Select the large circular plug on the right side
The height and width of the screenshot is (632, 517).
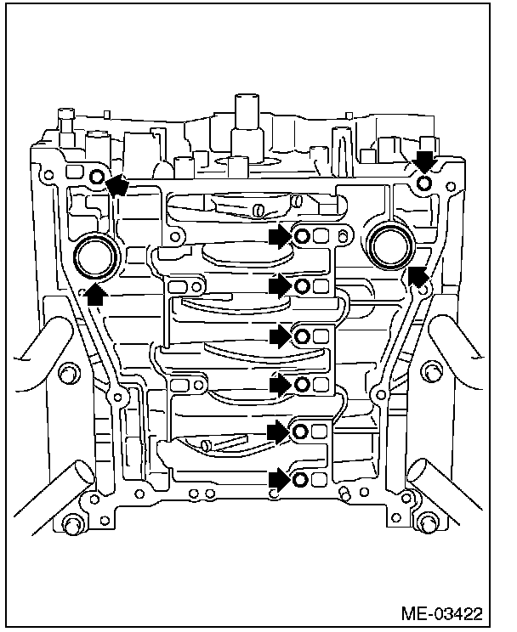pyautogui.click(x=392, y=246)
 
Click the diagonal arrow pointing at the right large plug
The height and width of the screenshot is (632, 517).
pyautogui.click(x=418, y=275)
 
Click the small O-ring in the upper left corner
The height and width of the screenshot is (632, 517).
pyautogui.click(x=96, y=177)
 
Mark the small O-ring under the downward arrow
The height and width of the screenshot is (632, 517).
pyautogui.click(x=424, y=183)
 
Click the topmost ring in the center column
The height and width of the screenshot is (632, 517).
pyautogui.click(x=301, y=236)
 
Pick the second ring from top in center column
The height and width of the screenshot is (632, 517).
pyautogui.click(x=301, y=287)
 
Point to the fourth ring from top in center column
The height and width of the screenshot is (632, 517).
pyautogui.click(x=301, y=385)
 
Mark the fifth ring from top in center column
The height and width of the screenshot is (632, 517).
pyautogui.click(x=301, y=433)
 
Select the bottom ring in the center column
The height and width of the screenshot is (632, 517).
pyautogui.click(x=301, y=482)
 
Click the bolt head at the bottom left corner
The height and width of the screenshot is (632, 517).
pyautogui.click(x=71, y=522)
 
